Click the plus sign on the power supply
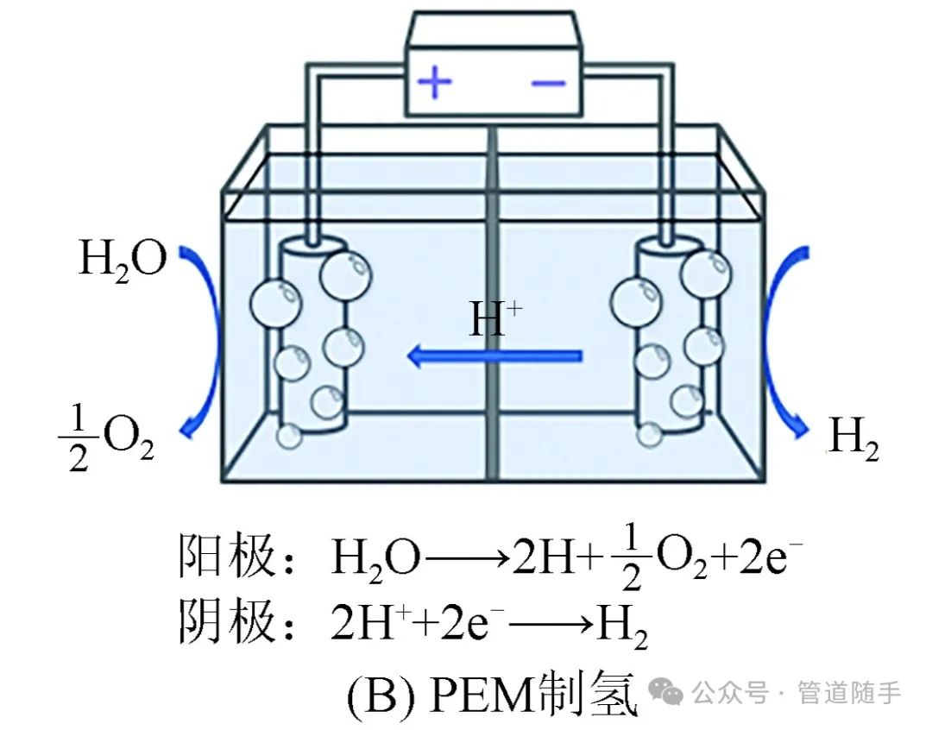click(x=435, y=83)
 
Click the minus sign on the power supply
click(x=548, y=84)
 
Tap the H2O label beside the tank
click(x=122, y=258)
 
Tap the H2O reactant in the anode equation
click(x=376, y=561)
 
